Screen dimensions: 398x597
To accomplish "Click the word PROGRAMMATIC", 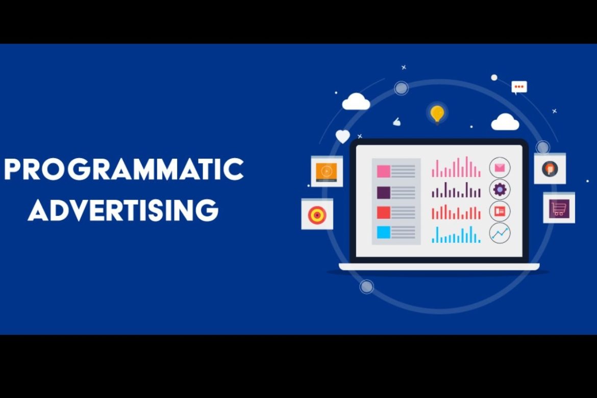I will [123, 169].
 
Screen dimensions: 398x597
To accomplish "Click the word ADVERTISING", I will [123, 209].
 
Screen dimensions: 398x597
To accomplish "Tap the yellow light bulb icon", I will [437, 113].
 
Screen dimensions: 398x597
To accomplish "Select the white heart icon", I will [343, 137].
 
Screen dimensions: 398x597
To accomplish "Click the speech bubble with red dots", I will [519, 87].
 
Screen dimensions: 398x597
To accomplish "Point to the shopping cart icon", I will [559, 208].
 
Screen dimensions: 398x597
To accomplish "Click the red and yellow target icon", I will [317, 215].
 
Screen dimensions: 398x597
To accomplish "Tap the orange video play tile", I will [327, 171].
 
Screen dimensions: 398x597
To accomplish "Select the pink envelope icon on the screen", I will [500, 167].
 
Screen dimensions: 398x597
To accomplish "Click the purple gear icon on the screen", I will [500, 189].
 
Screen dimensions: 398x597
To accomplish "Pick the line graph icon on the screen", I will [500, 233].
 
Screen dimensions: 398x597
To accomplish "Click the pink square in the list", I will [383, 171].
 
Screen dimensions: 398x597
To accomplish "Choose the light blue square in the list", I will [383, 233].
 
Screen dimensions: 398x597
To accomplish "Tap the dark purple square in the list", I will [383, 192].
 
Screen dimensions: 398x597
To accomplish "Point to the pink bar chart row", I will [456, 168].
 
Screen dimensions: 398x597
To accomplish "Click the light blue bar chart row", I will [456, 235].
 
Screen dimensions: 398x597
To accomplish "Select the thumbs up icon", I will [396, 122].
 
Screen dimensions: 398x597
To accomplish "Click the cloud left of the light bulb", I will [356, 102].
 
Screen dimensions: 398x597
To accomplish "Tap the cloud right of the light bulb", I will [505, 122].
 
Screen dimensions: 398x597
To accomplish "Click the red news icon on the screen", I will [500, 211].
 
